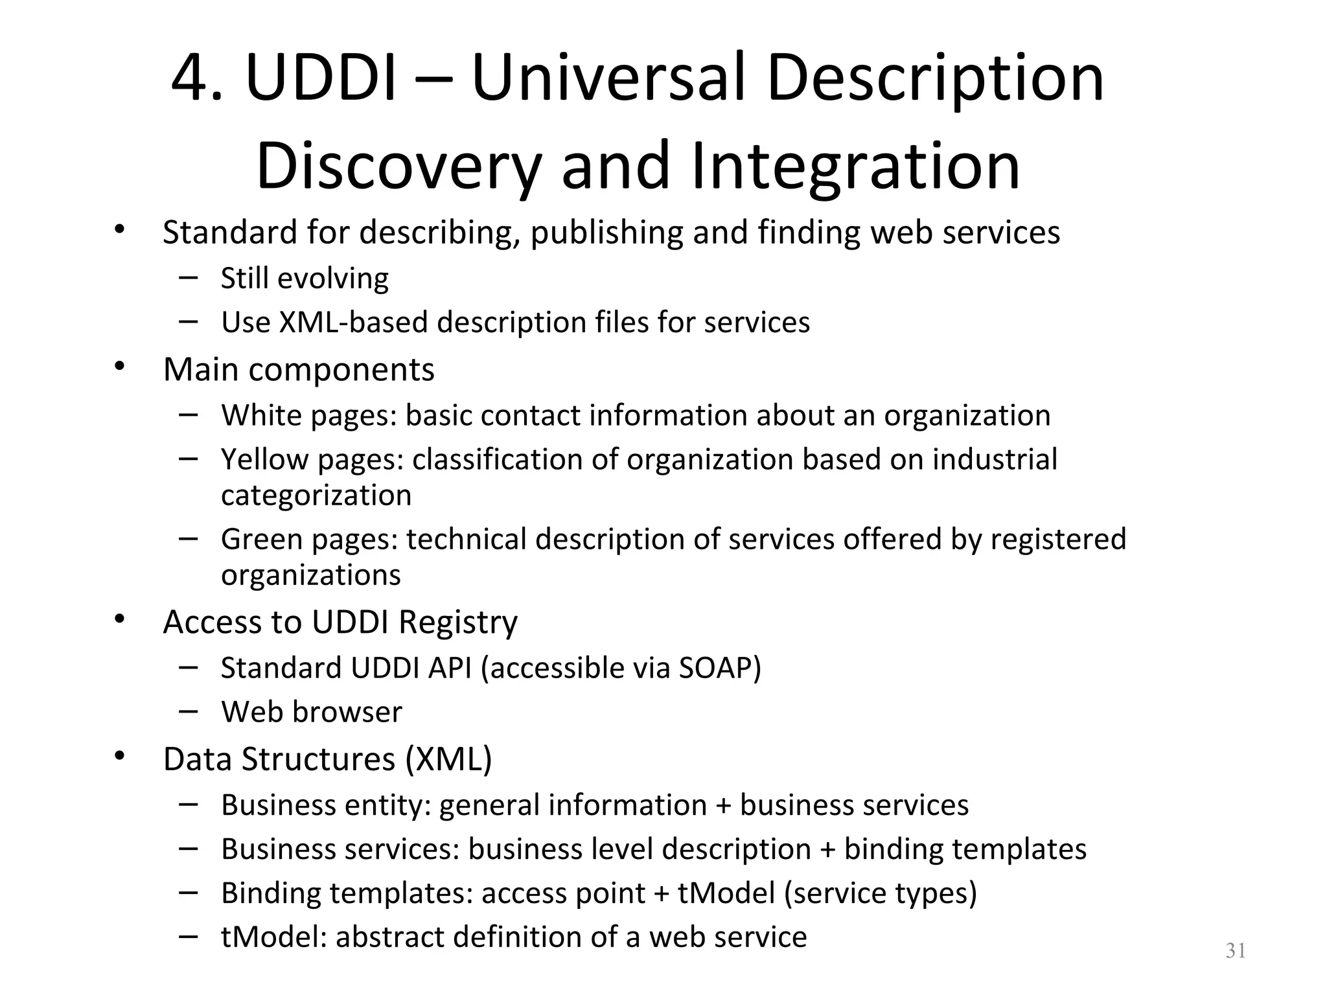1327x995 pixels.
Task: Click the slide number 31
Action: click(1236, 951)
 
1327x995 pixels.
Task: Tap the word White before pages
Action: click(262, 415)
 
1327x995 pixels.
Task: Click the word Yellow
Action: click(265, 459)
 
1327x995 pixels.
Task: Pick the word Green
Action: click(262, 539)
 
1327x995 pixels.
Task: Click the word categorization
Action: click(316, 496)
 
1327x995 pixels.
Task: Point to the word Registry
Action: click(458, 622)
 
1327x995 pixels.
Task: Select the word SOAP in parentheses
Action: click(715, 668)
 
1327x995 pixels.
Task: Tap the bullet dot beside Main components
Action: click(119, 366)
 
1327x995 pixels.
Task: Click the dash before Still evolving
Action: click(188, 277)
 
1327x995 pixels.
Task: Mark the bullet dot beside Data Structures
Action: click(119, 755)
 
